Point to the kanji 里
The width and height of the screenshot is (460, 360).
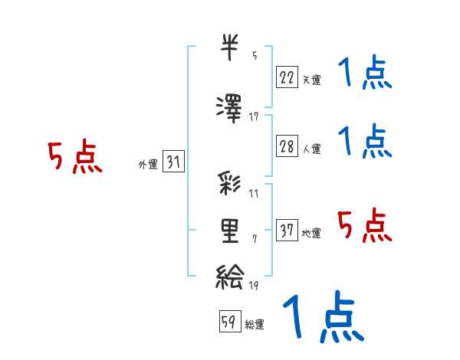coord(230,231)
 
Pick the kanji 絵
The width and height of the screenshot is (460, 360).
coord(230,275)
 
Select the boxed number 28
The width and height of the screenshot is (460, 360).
coord(287,146)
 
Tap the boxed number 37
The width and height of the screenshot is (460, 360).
coord(287,230)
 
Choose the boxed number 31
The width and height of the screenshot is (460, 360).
coord(173,162)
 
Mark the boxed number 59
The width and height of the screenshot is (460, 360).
coord(228,322)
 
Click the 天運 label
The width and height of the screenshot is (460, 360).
coord(311,79)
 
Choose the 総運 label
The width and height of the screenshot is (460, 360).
coord(255,325)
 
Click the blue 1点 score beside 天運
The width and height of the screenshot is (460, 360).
coord(365,75)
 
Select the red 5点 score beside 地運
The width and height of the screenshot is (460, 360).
coord(365,225)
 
